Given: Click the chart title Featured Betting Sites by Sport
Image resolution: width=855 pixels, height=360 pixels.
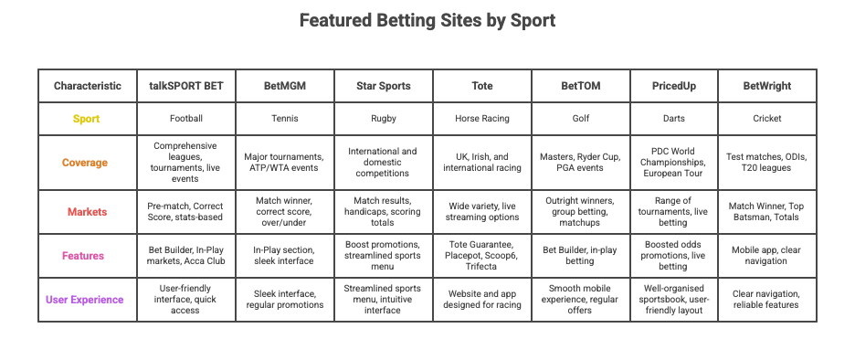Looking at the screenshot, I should pos(427,20).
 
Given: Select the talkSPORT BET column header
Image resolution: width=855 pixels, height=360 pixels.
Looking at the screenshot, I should pos(186,86).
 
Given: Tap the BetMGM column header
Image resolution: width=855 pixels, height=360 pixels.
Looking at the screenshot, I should pos(284,86).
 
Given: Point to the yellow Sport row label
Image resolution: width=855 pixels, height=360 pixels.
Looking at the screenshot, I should pos(87,119).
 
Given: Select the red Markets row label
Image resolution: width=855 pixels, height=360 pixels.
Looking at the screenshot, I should pos(87,212).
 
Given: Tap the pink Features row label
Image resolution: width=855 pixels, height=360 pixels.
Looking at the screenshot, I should pos(87,256).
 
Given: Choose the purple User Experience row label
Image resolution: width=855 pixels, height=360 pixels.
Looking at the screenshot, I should pos(87,300).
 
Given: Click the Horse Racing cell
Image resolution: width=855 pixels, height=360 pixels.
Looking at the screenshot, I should pos(481,119).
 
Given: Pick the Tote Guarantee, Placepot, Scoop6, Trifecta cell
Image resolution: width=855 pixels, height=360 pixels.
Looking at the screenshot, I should pos(481,256).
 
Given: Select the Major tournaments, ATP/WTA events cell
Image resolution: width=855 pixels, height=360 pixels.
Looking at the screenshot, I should pos(284,163).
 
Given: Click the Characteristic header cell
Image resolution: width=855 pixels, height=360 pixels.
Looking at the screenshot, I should pos(87,86).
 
